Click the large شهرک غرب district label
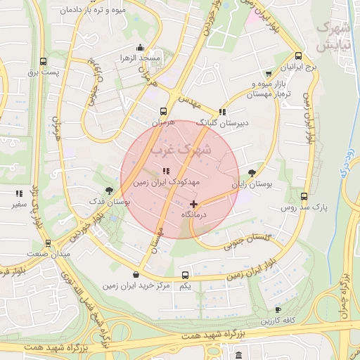click(181, 150)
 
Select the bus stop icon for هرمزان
click(163, 111)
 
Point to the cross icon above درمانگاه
click(194, 204)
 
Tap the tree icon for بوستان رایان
click(252, 173)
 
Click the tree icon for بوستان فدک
click(108, 191)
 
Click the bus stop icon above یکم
click(185, 275)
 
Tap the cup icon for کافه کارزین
click(278, 309)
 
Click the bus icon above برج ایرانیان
click(298, 56)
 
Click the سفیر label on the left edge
click(18, 205)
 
